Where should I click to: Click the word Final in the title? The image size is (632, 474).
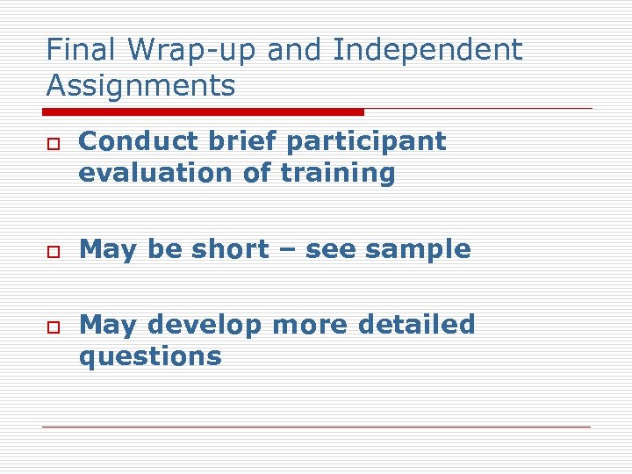click(74, 50)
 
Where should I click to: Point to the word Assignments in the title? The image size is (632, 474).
click(140, 86)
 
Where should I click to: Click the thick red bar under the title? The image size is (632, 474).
click(203, 112)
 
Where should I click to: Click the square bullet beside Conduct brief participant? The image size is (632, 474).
click(52, 144)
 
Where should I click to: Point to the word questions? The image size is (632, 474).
click(150, 357)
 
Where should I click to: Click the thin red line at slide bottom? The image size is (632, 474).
click(316, 427)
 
